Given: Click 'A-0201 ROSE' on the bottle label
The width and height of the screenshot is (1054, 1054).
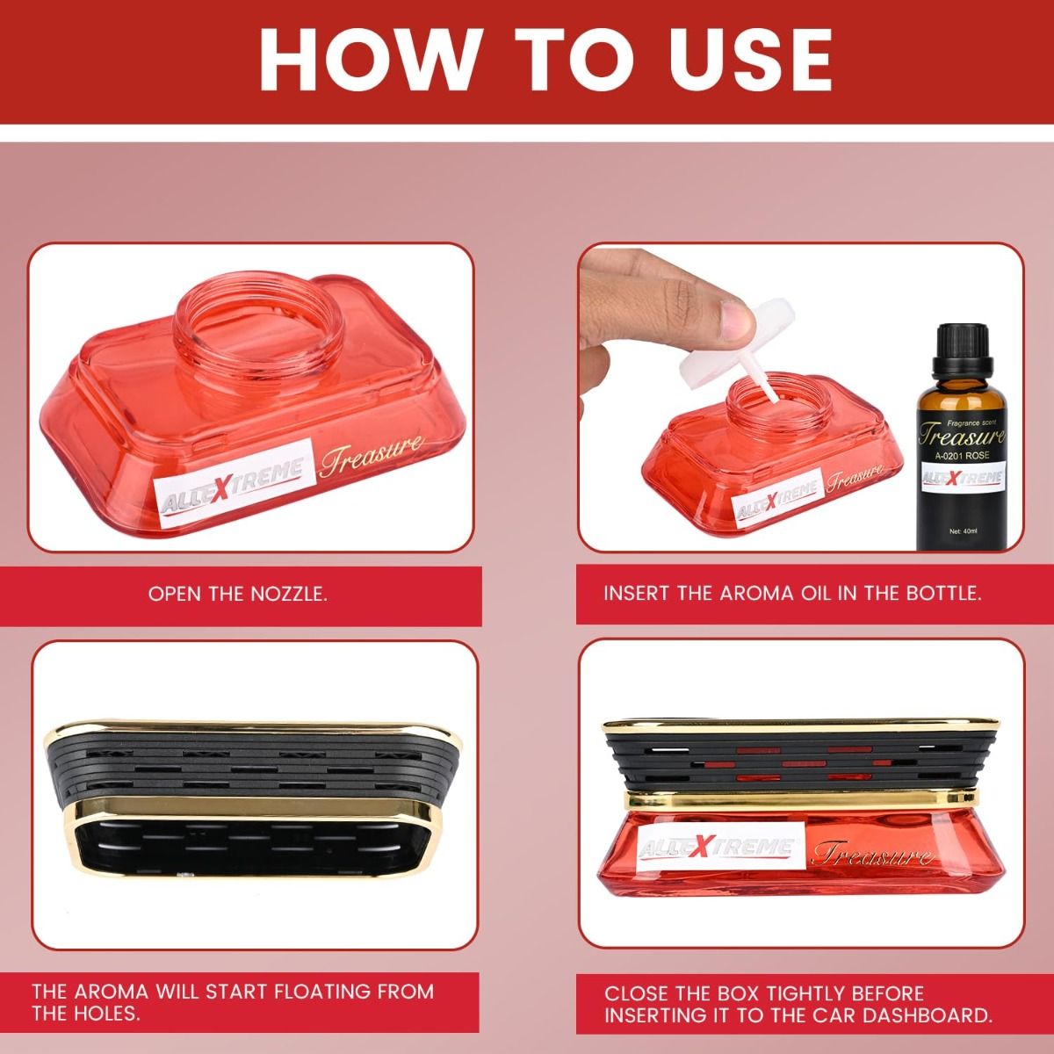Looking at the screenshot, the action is [x=962, y=455].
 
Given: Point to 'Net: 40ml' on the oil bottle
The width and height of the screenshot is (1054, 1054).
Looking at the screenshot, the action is [x=964, y=531].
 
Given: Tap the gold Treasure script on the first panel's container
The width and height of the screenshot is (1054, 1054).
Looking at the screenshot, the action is [x=372, y=454].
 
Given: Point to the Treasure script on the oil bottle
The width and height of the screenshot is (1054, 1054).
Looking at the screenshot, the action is [x=962, y=436].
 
